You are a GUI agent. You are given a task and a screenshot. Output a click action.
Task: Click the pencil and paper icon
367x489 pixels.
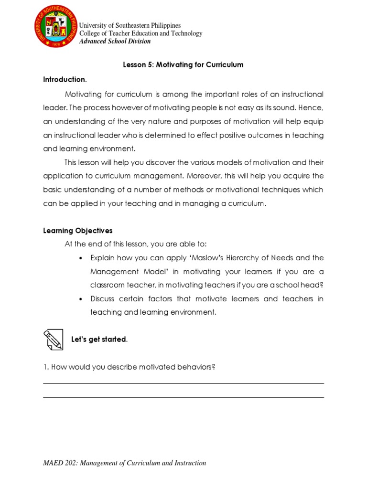tap(53, 340)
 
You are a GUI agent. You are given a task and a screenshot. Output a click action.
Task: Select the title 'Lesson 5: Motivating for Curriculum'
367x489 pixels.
tap(183, 65)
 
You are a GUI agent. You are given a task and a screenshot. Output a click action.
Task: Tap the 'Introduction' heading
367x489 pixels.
tap(65, 79)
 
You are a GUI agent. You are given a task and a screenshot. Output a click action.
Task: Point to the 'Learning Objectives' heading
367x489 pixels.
tap(78, 231)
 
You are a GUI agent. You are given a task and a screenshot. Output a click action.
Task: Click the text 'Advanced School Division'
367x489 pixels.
tap(115, 41)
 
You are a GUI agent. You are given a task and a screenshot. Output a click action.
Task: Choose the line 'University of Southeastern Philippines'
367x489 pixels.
tap(130, 25)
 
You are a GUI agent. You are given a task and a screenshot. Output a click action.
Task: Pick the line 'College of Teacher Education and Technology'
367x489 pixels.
tap(140, 33)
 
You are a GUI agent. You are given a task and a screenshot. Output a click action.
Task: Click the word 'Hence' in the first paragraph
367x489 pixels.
tap(312, 108)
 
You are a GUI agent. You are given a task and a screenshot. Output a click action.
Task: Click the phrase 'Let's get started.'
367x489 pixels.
tap(99, 340)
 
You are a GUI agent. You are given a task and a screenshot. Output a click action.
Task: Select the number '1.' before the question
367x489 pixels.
tap(46, 367)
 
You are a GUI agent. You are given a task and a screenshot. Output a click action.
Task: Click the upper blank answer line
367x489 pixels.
tap(183, 383)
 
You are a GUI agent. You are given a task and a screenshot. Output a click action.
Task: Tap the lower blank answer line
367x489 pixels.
tap(183, 397)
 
